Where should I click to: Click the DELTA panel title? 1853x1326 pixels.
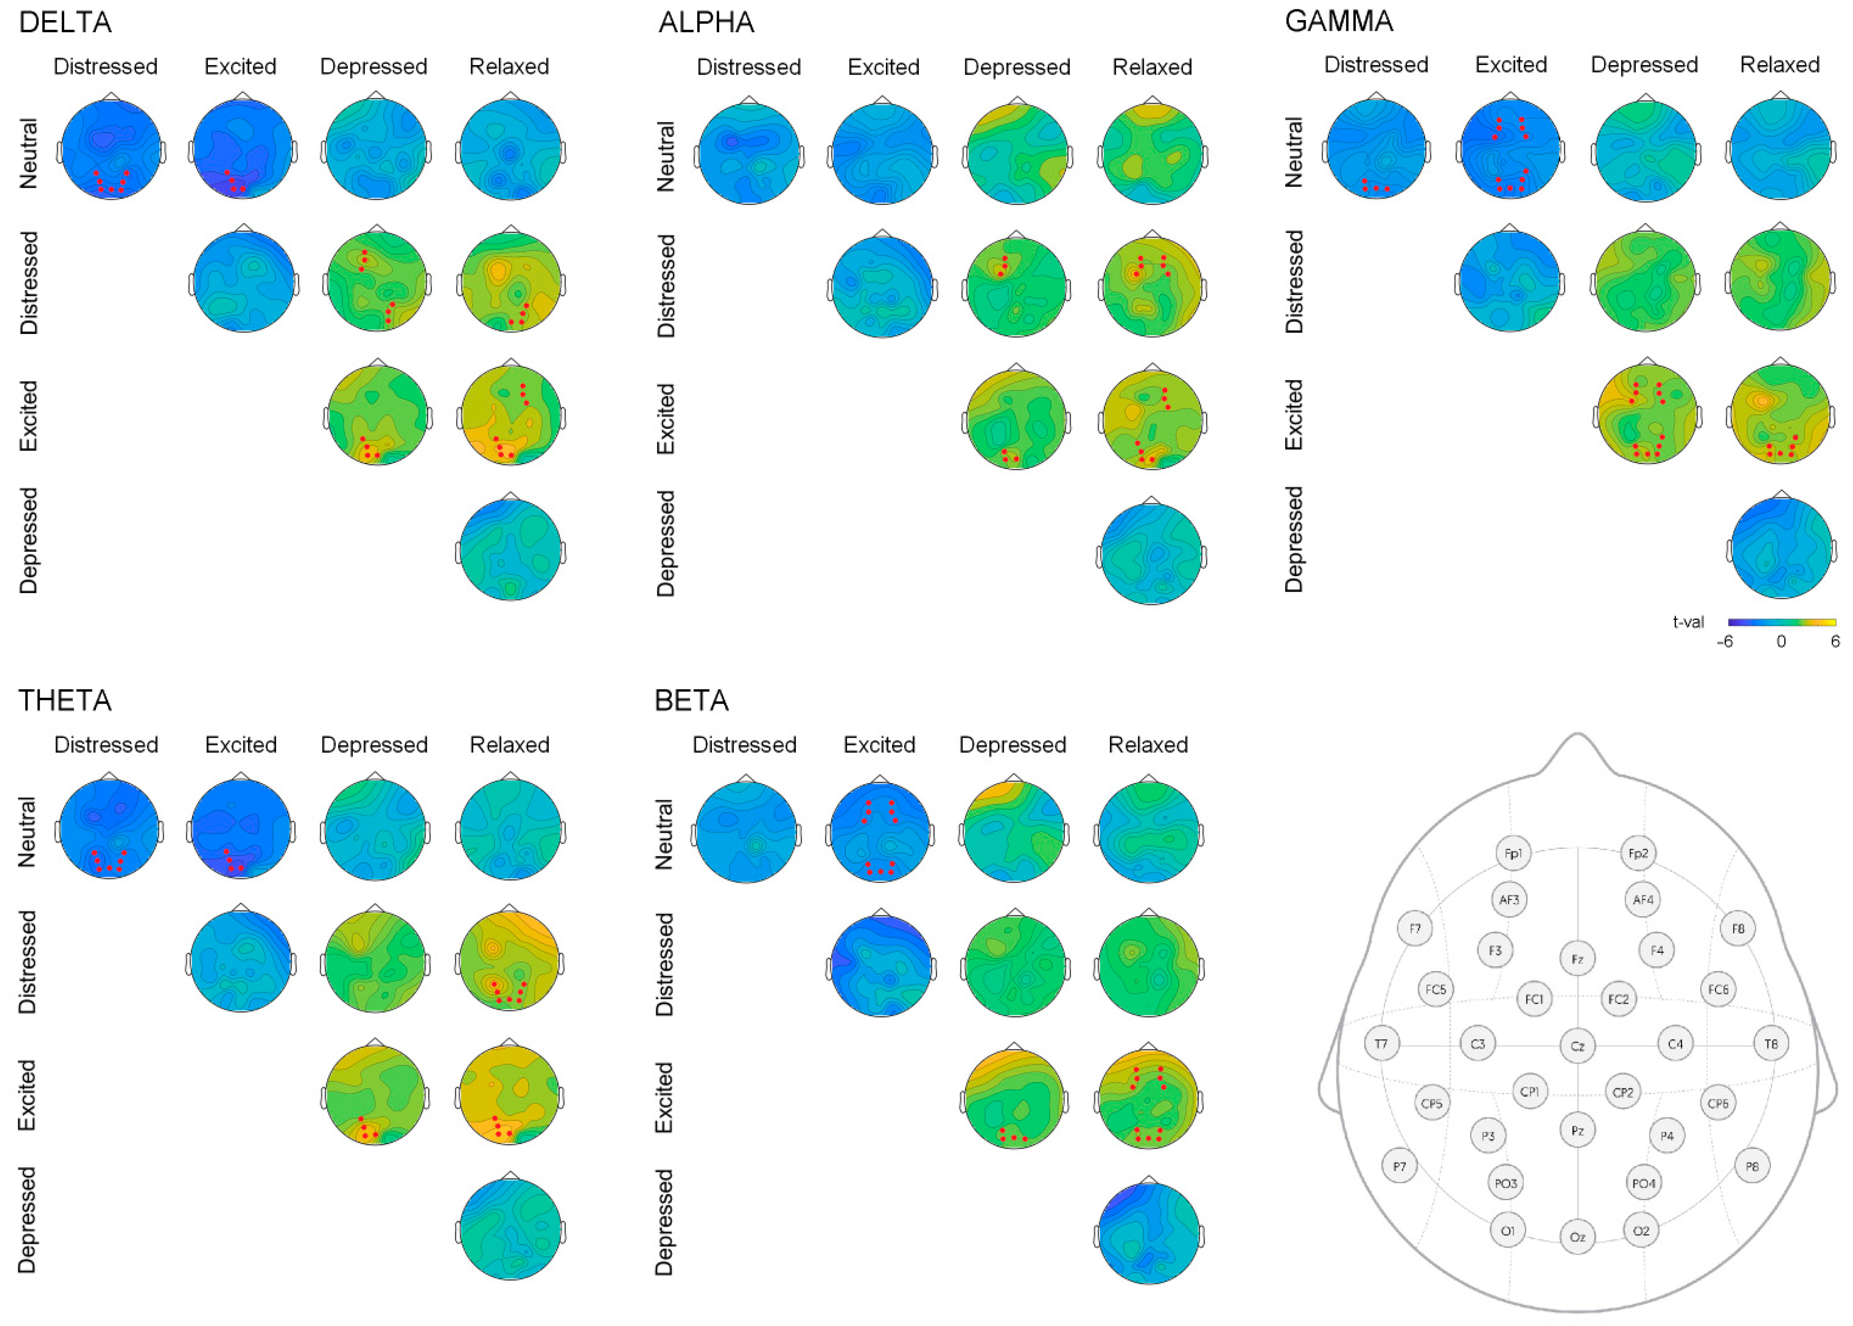click(65, 22)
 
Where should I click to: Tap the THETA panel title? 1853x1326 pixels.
click(65, 700)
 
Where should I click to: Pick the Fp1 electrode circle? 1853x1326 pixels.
click(1513, 853)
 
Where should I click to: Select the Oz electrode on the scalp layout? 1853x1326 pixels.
click(1577, 1237)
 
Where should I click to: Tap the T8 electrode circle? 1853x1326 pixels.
click(1770, 1043)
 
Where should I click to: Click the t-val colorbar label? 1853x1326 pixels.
click(1688, 622)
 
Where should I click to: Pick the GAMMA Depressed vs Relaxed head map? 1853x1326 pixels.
click(1780, 548)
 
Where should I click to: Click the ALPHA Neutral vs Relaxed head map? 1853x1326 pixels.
click(1151, 153)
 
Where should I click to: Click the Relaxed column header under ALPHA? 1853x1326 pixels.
click(1151, 67)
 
